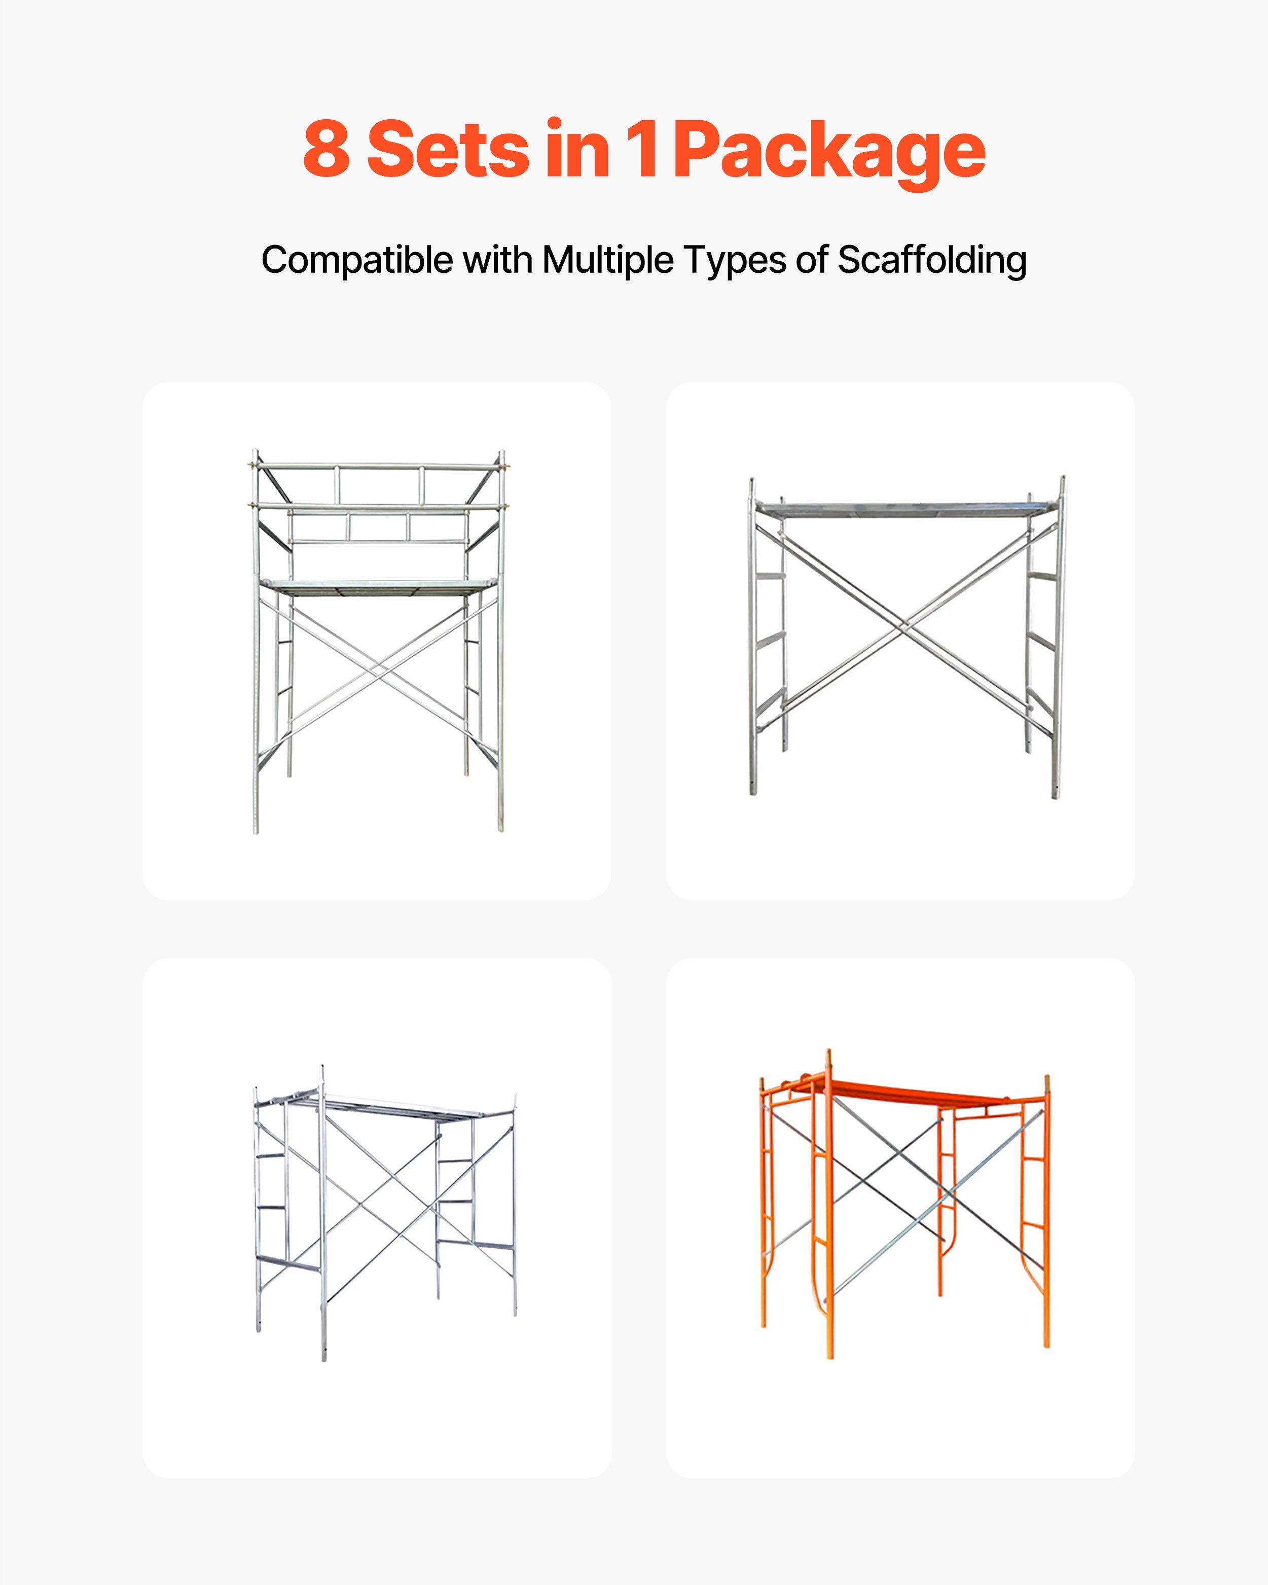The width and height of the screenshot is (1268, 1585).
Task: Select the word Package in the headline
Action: [829, 152]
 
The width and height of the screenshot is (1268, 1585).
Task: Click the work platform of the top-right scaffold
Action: [904, 508]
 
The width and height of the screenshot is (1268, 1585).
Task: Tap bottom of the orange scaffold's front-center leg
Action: [830, 1355]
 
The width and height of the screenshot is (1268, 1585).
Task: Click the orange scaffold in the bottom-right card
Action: [904, 1206]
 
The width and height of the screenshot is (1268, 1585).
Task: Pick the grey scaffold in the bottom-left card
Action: [382, 1213]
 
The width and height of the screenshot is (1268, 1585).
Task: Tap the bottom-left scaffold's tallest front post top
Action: [322, 1068]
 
